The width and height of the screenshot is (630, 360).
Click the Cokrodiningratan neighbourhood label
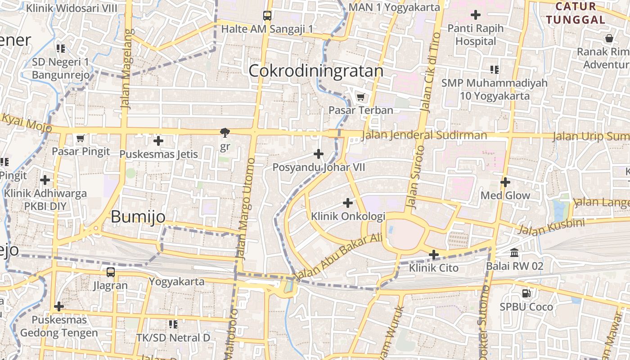point(316,71)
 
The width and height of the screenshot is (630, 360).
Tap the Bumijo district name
point(138,217)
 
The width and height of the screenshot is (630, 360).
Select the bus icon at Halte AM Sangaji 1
point(267,16)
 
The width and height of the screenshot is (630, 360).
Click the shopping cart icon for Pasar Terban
point(360,97)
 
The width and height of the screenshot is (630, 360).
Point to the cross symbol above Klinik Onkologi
point(348,203)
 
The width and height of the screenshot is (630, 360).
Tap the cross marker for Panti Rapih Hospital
point(476,15)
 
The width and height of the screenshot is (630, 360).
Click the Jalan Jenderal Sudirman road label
point(424,135)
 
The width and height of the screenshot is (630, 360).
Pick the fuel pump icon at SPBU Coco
point(526,293)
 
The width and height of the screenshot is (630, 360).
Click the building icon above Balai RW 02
point(514,252)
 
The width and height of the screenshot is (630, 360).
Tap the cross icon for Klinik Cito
point(434,255)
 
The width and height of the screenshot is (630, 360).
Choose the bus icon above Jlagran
point(111,272)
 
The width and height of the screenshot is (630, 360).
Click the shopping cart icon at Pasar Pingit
point(81,138)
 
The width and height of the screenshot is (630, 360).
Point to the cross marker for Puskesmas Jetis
point(158,141)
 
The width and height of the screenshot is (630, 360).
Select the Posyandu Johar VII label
point(319,167)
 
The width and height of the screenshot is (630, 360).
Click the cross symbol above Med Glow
point(505,182)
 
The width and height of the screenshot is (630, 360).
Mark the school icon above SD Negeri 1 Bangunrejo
point(61,48)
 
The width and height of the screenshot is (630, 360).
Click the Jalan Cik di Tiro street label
point(430,72)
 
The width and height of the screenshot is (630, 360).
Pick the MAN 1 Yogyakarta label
point(394,7)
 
